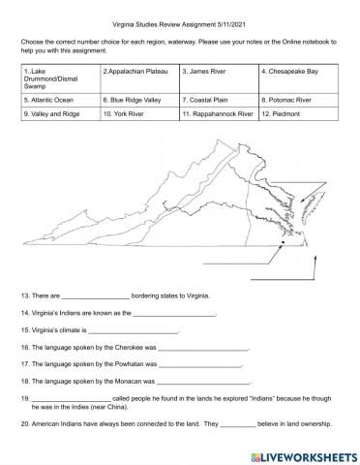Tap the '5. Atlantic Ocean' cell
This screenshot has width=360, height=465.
tap(58, 99)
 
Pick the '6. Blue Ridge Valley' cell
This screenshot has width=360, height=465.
tap(138, 99)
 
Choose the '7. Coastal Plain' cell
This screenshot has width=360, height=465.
tap(217, 99)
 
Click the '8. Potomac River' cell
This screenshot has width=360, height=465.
tap(298, 99)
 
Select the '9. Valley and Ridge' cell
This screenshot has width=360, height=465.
tap(58, 113)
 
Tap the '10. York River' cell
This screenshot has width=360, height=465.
tap(138, 113)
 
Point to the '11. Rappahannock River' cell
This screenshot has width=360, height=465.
tap(217, 113)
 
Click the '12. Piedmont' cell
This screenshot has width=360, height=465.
tap(298, 113)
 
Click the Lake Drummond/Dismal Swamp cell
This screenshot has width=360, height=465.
tap(58, 78)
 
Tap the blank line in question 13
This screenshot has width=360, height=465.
tap(95, 295)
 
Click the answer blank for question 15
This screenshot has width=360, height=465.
tap(133, 330)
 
